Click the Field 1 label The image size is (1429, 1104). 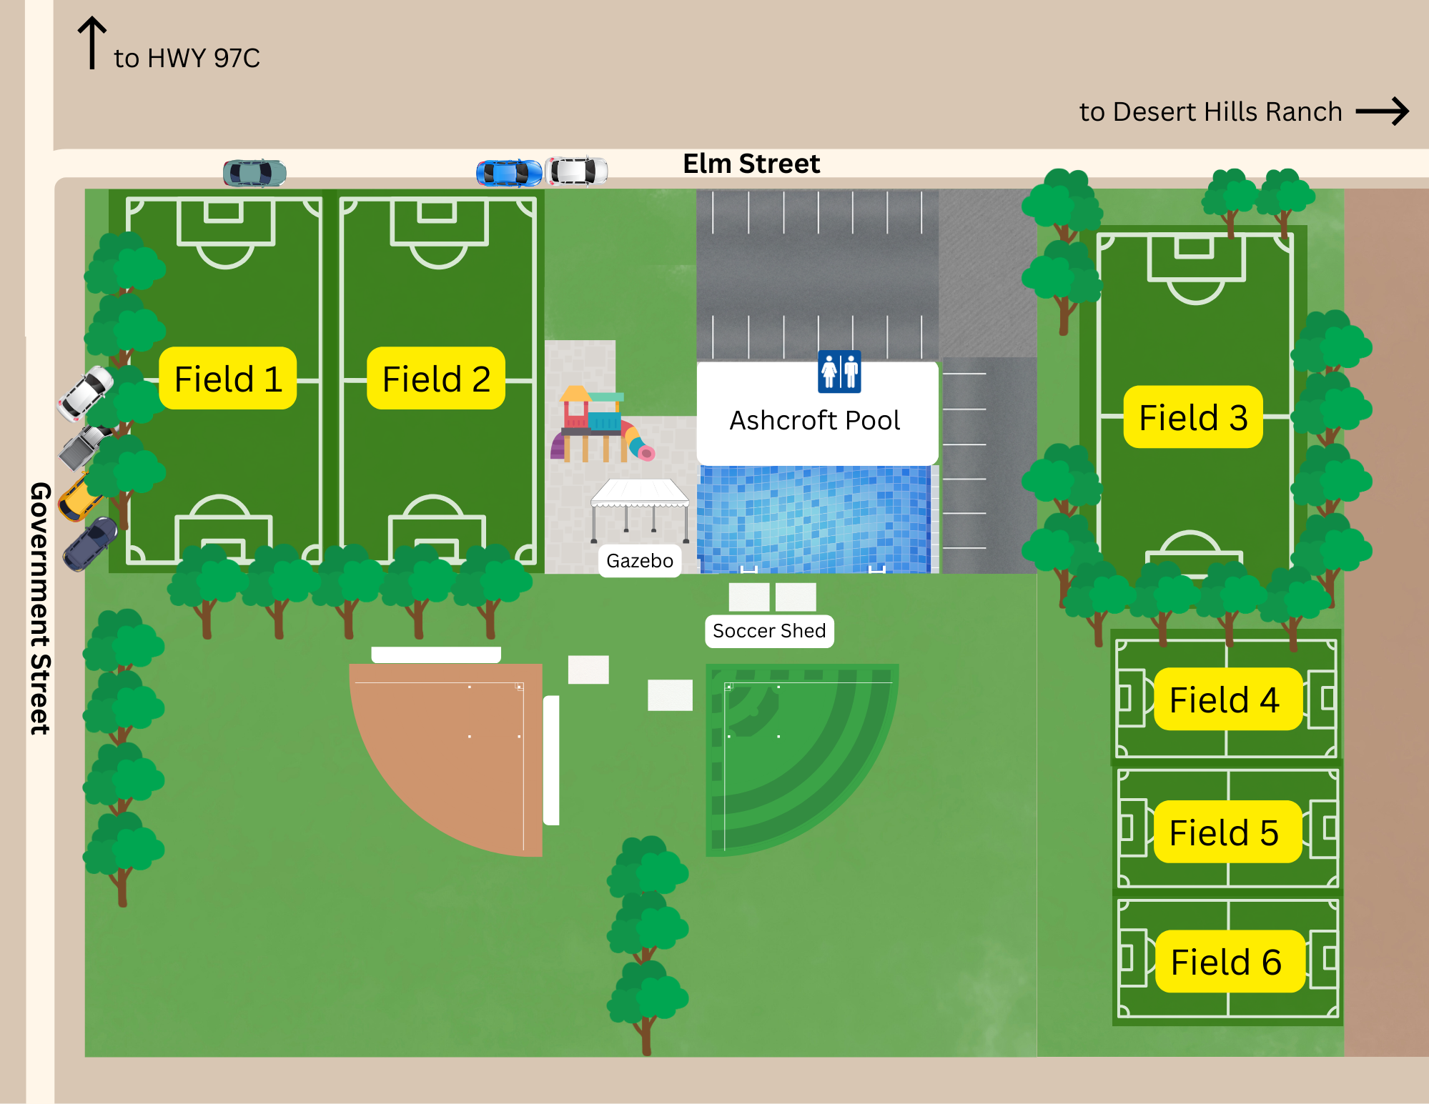click(x=227, y=379)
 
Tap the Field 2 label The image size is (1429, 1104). click(x=436, y=379)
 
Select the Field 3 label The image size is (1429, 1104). click(x=1192, y=417)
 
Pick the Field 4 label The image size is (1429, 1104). click(x=1224, y=699)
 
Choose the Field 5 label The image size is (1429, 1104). click(x=1224, y=832)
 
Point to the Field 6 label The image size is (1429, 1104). click(x=1226, y=961)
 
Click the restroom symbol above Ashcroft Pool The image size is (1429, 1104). click(x=839, y=372)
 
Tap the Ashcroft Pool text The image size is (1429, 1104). click(x=814, y=420)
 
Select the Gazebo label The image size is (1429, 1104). click(x=640, y=561)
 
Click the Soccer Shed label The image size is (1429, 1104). click(x=769, y=631)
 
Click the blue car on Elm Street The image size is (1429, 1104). click(x=509, y=173)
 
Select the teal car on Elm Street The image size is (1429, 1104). click(x=254, y=173)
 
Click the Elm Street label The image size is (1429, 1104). click(x=751, y=164)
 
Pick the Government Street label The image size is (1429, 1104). click(x=40, y=607)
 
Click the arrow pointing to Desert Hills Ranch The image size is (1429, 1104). click(x=1382, y=111)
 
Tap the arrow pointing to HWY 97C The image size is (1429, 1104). click(x=92, y=43)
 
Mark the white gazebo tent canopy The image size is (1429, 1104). click(x=640, y=493)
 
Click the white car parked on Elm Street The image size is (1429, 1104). click(x=576, y=171)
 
